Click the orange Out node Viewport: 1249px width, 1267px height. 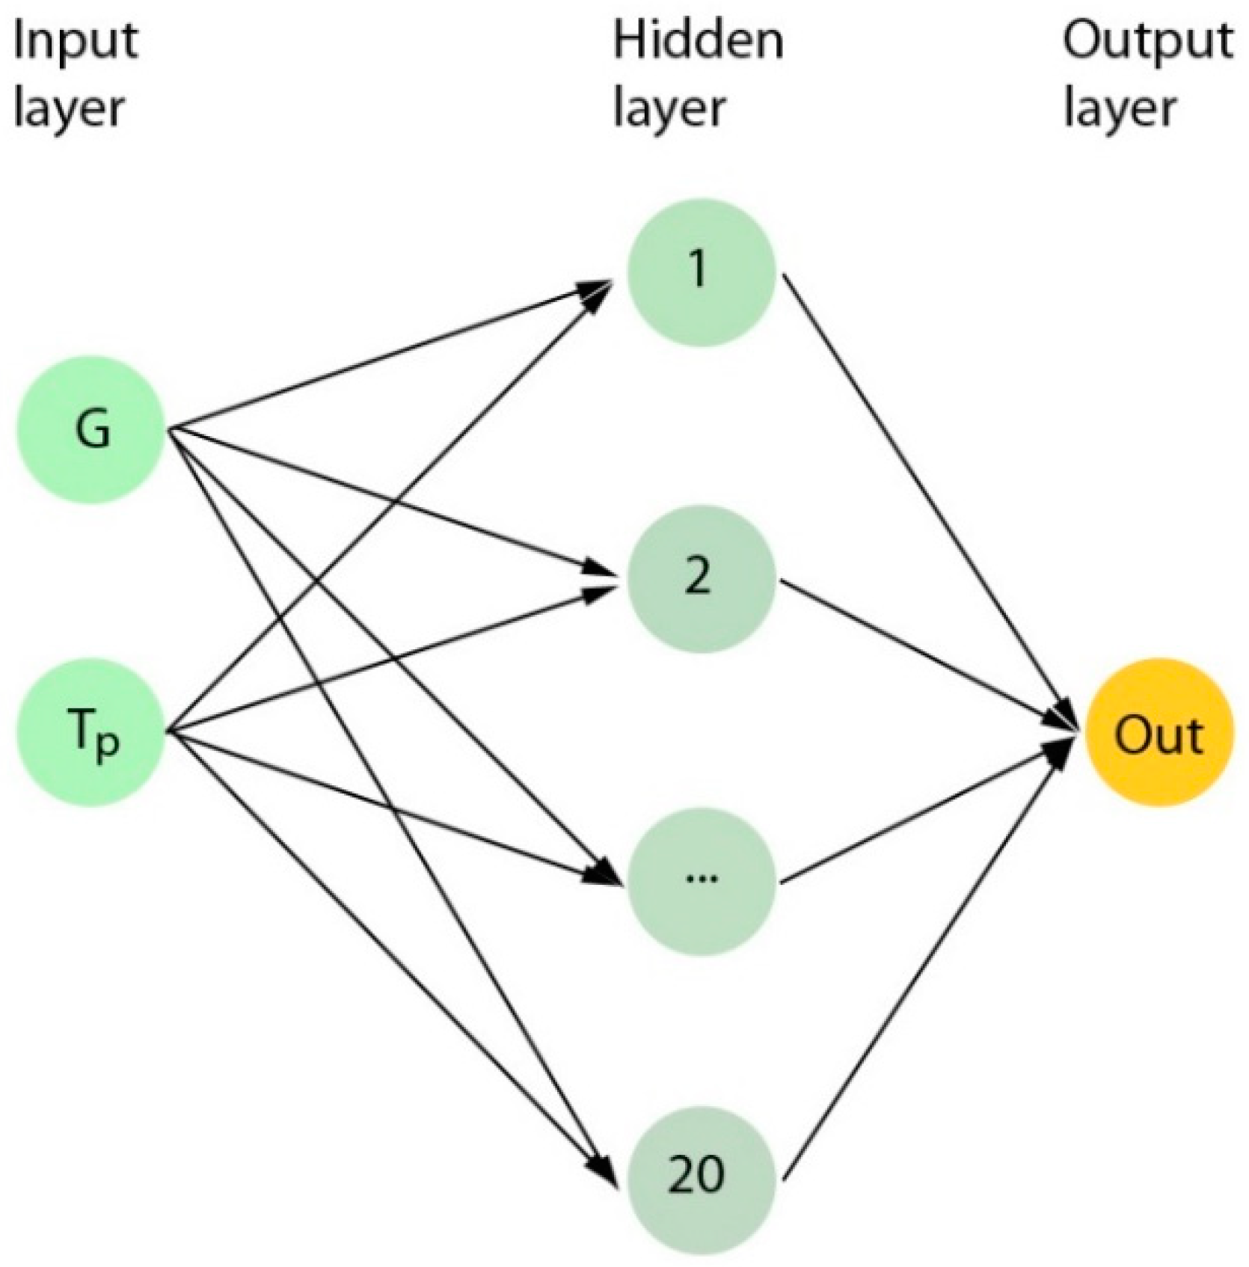[x=1158, y=734]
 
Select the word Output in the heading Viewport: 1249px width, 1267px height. [x=1147, y=41]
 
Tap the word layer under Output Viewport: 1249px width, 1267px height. [x=1119, y=109]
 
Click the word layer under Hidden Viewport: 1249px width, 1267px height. [x=669, y=109]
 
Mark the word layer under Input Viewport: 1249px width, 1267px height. [x=68, y=109]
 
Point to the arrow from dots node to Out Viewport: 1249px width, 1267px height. [x=927, y=812]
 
